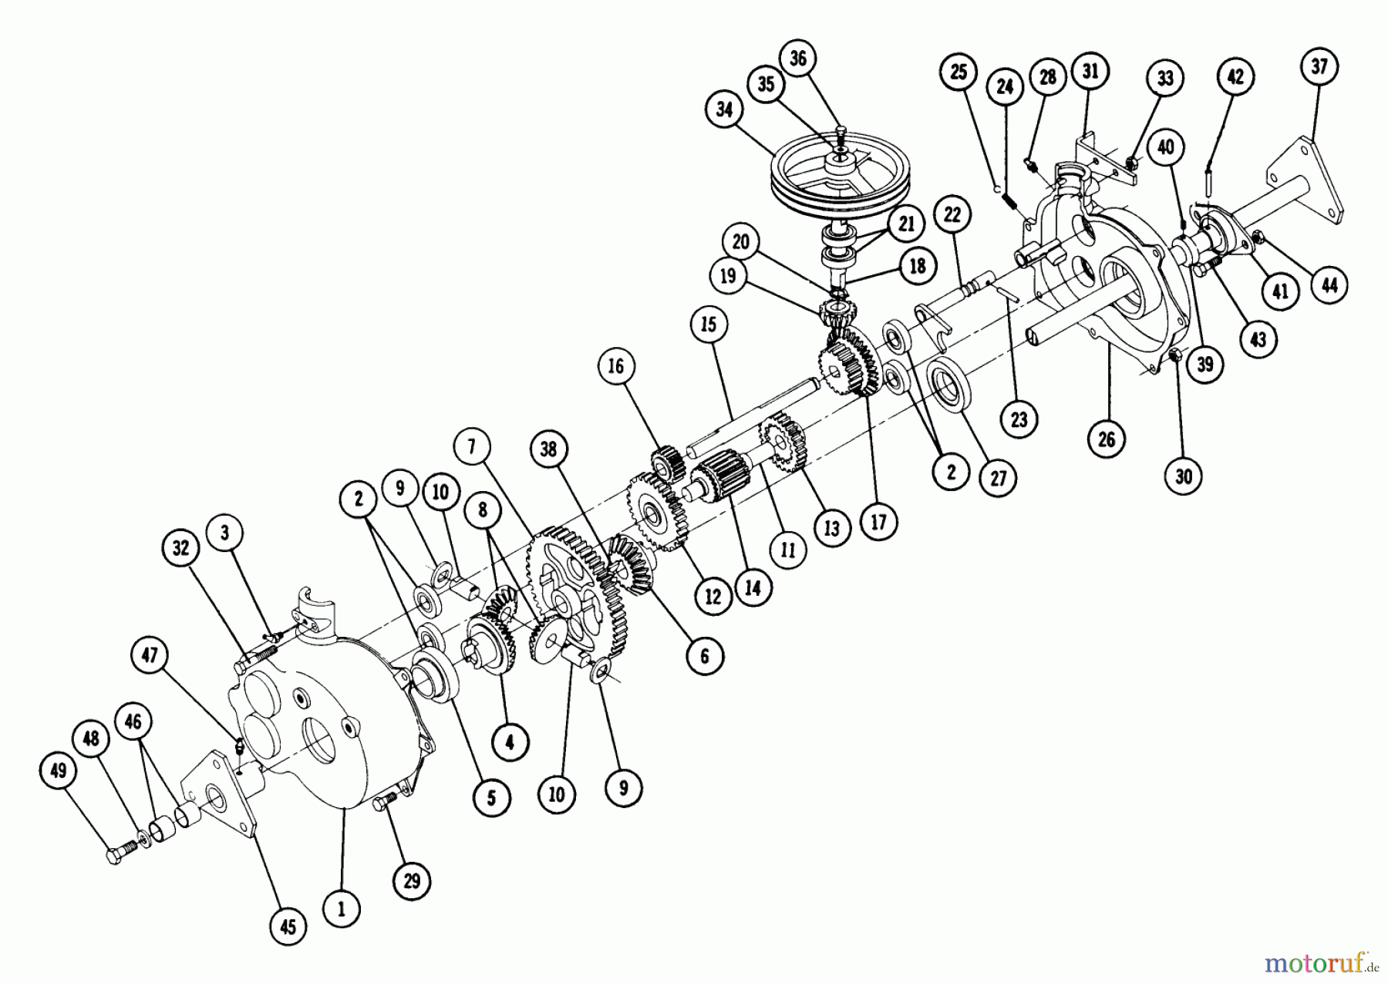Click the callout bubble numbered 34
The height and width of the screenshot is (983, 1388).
pos(724,110)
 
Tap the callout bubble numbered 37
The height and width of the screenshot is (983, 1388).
pos(1319,67)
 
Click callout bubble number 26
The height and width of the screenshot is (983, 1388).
pos(1107,439)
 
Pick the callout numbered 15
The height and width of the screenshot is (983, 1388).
pos(709,325)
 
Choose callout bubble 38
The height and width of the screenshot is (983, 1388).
pos(548,449)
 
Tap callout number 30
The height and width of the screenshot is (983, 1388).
pos(1184,476)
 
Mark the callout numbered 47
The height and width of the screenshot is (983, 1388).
pos(150,655)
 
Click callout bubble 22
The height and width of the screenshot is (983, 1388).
pos(952,215)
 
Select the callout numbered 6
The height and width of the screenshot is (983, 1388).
pos(704,655)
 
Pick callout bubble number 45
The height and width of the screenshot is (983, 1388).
pos(287,926)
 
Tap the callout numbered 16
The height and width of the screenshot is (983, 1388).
pos(615,365)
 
